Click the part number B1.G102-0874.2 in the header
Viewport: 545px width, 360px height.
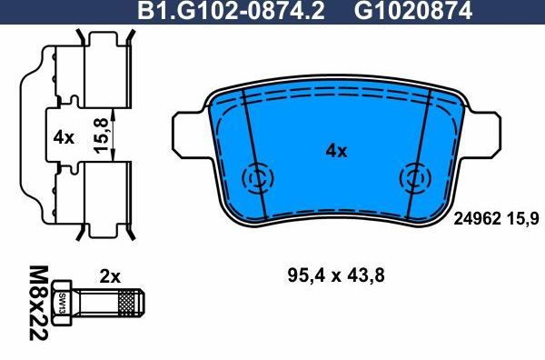tap(232, 11)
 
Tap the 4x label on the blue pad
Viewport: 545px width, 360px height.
tap(336, 152)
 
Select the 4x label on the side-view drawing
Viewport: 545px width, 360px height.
tap(63, 138)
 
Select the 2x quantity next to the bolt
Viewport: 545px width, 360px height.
tap(109, 275)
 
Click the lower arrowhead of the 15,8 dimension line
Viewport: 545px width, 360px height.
tap(112, 162)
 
